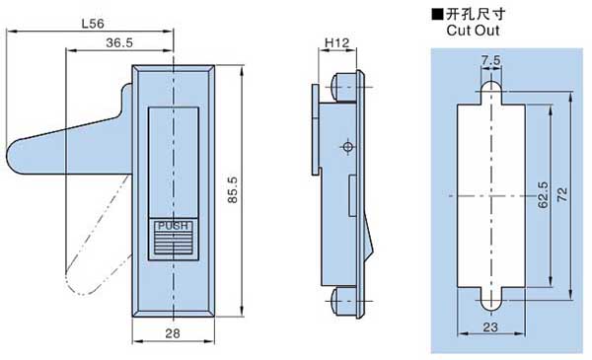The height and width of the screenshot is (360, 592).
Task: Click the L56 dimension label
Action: tap(93, 24)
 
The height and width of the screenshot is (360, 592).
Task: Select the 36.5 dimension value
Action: tap(119, 42)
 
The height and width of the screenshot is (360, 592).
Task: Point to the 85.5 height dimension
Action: tap(233, 189)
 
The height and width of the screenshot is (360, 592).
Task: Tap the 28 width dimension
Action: tap(173, 333)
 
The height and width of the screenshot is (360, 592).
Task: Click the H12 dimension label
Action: tap(336, 42)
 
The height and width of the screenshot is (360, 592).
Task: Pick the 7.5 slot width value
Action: tap(490, 60)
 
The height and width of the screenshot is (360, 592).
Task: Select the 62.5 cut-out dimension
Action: tap(543, 195)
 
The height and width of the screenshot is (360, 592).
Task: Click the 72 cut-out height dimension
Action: tap(562, 194)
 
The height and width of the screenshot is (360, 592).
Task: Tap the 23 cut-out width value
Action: tap(490, 326)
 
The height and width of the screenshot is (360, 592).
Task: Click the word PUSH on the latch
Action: tap(173, 226)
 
